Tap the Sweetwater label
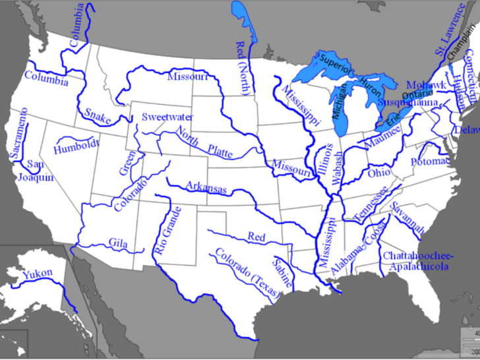pos(167,117)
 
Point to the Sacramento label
pos(20,133)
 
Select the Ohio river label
pos(379,173)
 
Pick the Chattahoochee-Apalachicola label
pos(415,260)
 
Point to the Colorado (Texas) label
pos(241,272)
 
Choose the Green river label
pos(127,162)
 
